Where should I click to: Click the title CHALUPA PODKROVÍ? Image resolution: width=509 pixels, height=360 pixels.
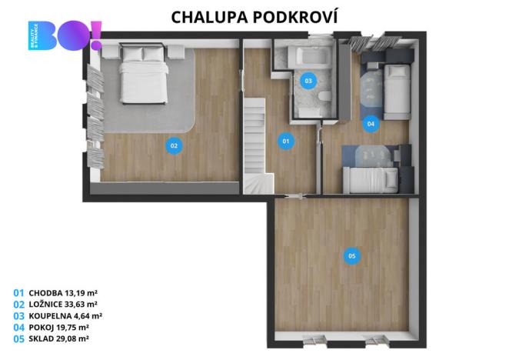pos(254,16)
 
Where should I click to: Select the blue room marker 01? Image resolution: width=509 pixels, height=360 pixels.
pos(285,141)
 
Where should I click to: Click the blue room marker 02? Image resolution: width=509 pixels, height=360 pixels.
pos(175,145)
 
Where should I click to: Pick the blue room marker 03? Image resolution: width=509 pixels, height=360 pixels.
pos(308,81)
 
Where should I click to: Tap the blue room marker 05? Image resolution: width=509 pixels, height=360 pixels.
pos(351,256)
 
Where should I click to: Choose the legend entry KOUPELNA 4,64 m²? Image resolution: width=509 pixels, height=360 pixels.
pos(65,315)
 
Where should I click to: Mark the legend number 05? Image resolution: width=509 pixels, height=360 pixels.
pos(18,338)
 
